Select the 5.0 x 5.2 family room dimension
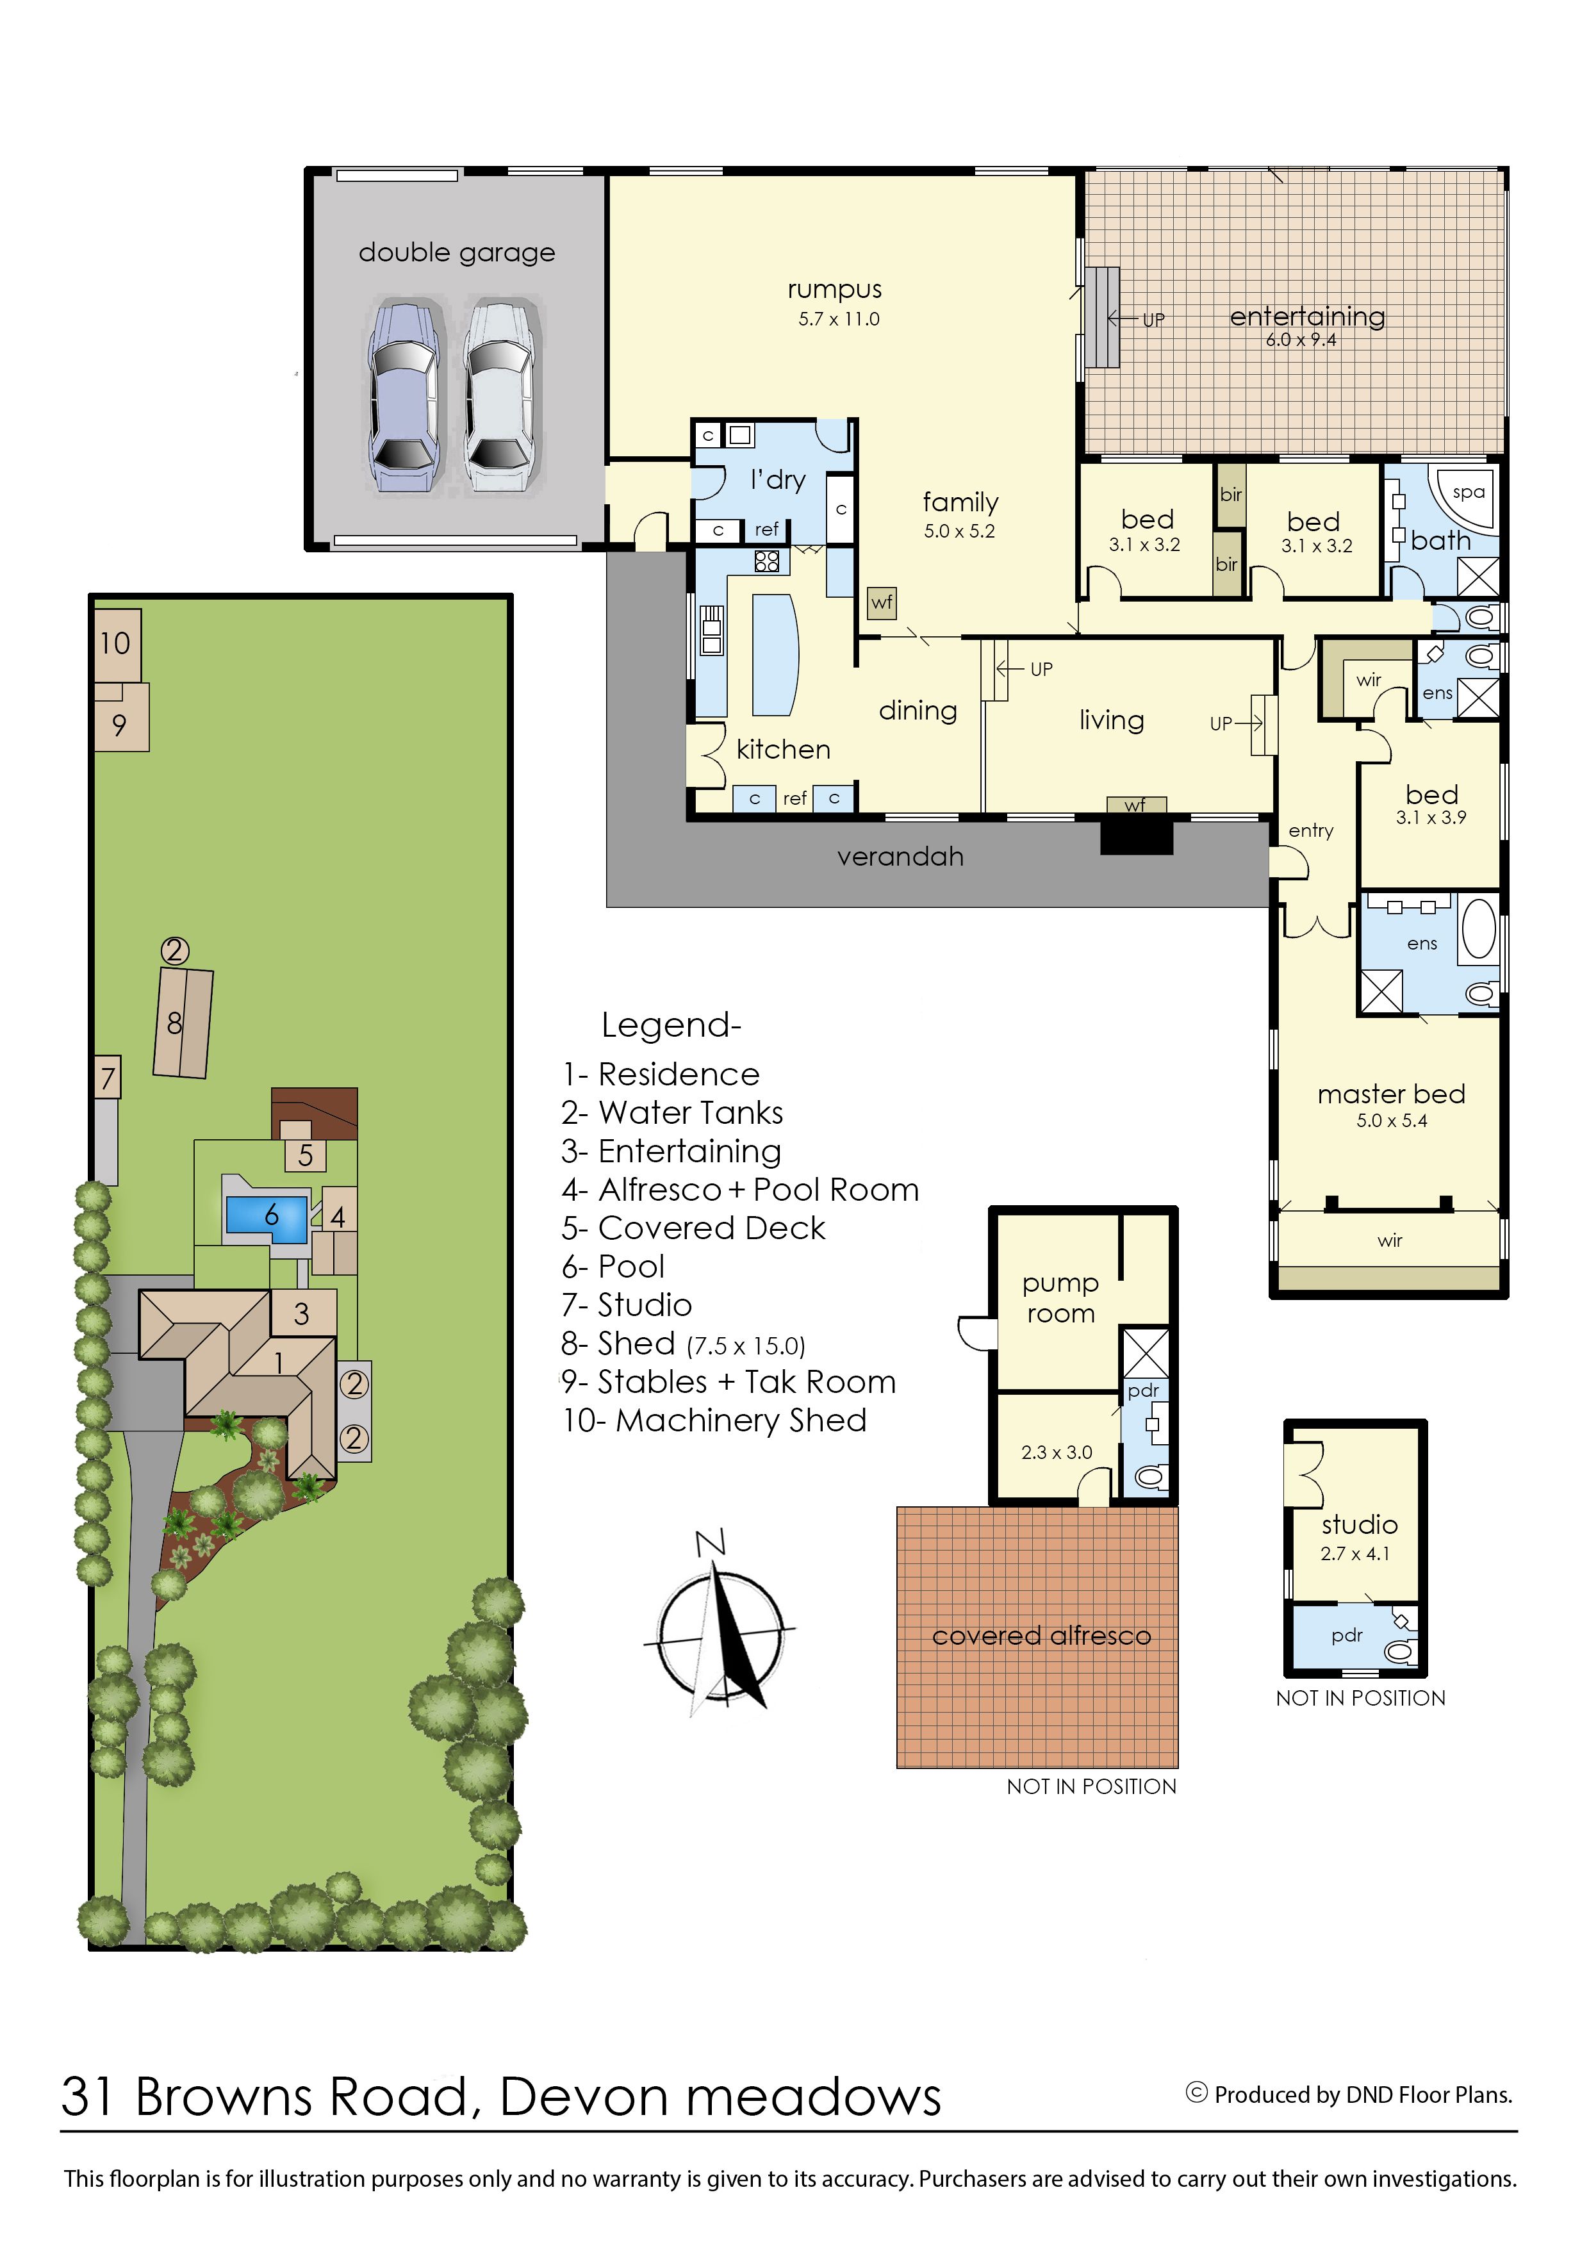click(x=959, y=531)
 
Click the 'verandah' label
click(x=900, y=857)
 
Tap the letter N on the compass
click(x=711, y=1543)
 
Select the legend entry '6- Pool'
click(x=613, y=1267)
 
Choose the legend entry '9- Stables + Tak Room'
click(x=729, y=1382)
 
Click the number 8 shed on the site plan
click(x=183, y=1024)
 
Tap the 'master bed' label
click(x=1392, y=1094)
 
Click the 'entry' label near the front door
click(x=1311, y=831)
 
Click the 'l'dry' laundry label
click(x=778, y=479)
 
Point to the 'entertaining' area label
click(x=1307, y=316)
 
